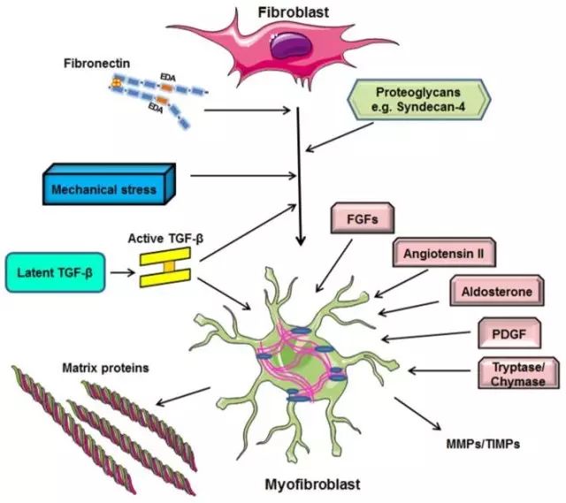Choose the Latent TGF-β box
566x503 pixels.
coord(55,271)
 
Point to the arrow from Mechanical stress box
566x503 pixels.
coord(239,176)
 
